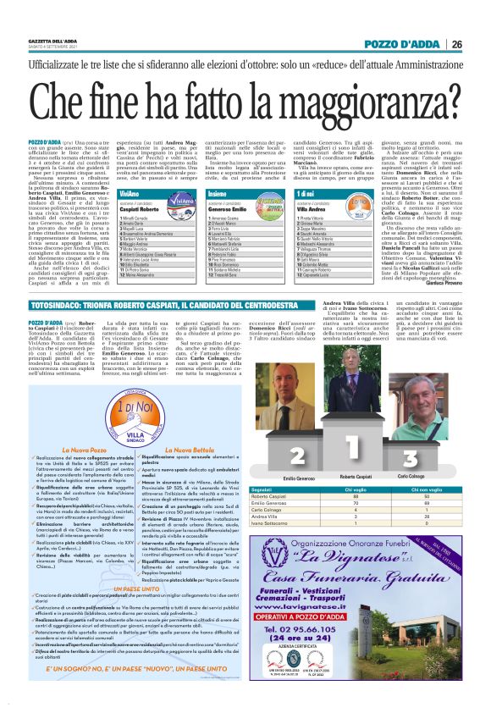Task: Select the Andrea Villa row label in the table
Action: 310,517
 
